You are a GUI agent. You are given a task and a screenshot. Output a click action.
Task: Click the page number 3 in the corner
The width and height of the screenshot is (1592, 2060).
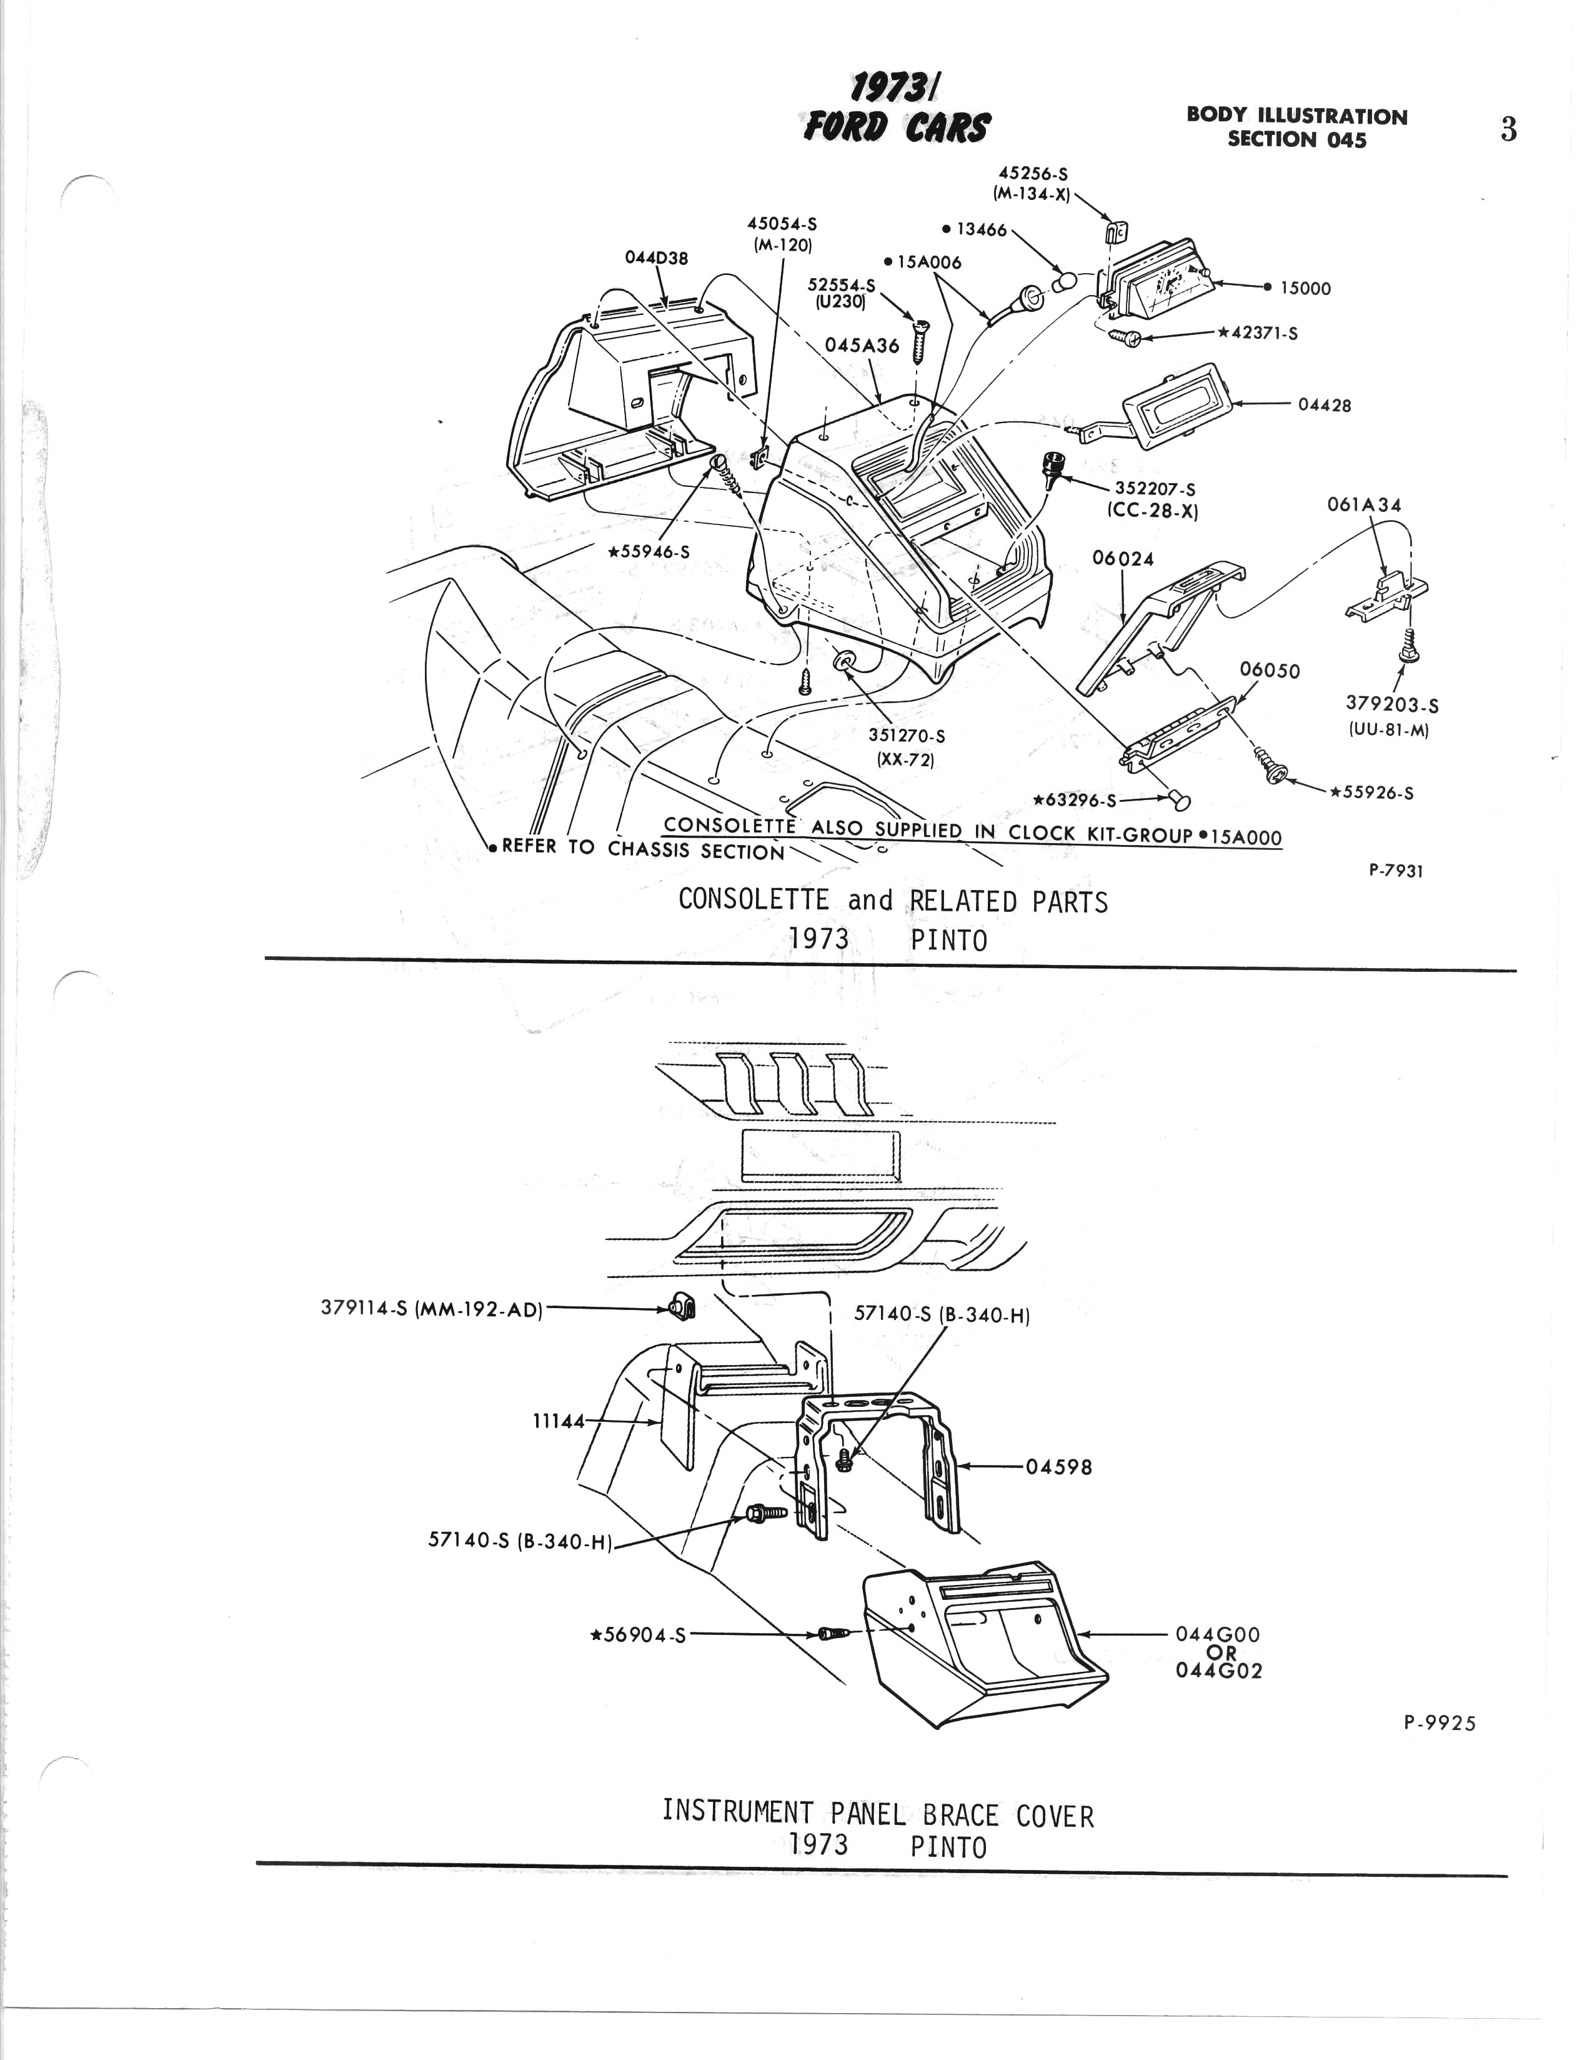pos(1508,129)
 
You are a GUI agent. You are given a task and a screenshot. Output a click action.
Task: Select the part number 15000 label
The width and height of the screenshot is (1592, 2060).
pos(1305,289)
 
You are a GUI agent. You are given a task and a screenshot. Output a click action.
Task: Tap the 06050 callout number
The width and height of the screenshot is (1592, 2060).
pos(1270,670)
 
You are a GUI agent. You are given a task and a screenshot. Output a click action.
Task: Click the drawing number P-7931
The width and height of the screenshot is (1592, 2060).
pos(1396,871)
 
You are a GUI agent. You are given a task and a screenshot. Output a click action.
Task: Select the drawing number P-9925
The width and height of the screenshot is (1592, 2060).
pos(1439,1723)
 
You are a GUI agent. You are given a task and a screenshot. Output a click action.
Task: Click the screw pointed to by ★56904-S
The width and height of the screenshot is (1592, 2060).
pos(833,1632)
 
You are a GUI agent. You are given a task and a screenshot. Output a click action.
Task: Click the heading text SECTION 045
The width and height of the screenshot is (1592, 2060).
pos(1297,139)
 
